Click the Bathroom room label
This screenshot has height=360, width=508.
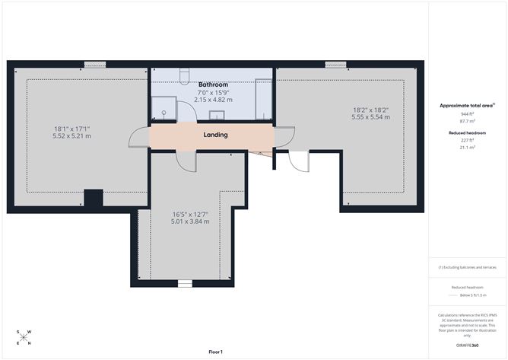212,84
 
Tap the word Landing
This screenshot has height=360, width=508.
216,135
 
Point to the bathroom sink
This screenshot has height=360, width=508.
216,116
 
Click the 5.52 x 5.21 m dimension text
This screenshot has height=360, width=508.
71,136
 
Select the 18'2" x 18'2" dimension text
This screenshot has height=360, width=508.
370,109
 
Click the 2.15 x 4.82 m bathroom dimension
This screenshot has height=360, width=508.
212,100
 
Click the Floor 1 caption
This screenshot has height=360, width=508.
221,352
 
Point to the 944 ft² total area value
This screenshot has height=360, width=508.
467,113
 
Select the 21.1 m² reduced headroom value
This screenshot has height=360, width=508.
467,148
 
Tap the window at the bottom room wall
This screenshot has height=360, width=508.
185,283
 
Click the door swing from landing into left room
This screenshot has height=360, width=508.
137,137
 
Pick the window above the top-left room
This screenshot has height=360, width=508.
94,64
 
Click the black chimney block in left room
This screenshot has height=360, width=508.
93,198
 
